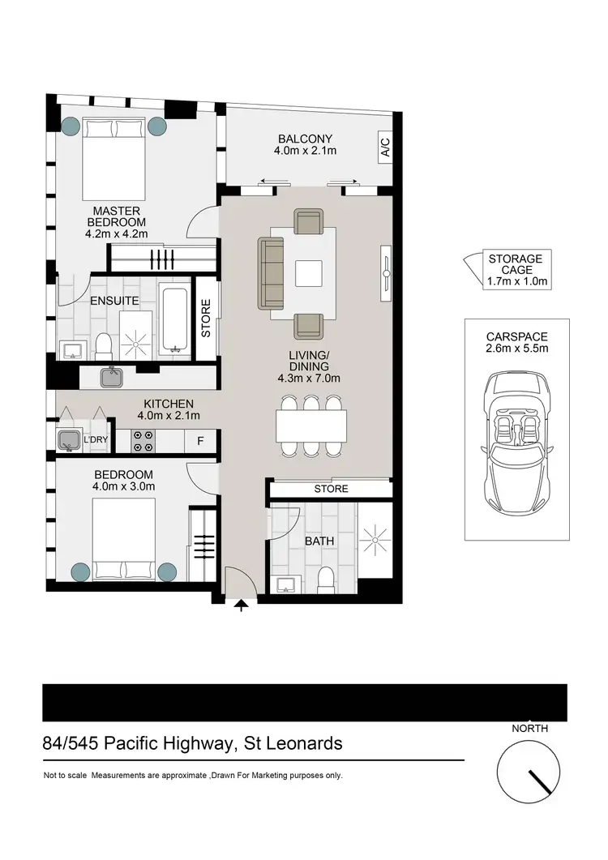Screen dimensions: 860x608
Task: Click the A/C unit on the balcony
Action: [x=385, y=148]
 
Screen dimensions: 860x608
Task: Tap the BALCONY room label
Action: [x=305, y=139]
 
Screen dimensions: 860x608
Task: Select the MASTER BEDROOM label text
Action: [x=115, y=216]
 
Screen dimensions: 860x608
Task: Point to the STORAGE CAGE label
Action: [x=515, y=259]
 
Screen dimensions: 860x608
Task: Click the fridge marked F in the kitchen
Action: [x=199, y=442]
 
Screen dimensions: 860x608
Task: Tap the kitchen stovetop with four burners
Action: [x=144, y=441]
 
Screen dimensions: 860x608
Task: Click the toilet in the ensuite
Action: [x=102, y=346]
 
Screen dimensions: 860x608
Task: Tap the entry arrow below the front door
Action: [x=241, y=605]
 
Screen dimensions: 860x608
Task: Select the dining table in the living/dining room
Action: [x=311, y=425]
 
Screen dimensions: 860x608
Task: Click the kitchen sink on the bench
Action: [x=110, y=378]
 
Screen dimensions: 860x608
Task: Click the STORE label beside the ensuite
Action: [x=206, y=319]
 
